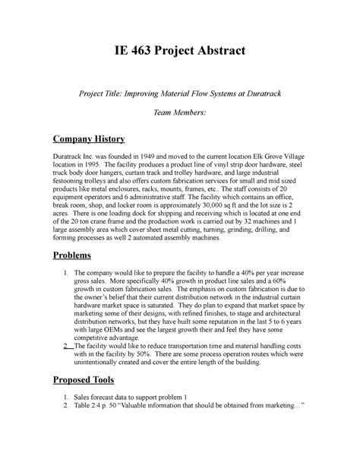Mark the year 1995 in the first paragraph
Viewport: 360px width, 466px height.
97,173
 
